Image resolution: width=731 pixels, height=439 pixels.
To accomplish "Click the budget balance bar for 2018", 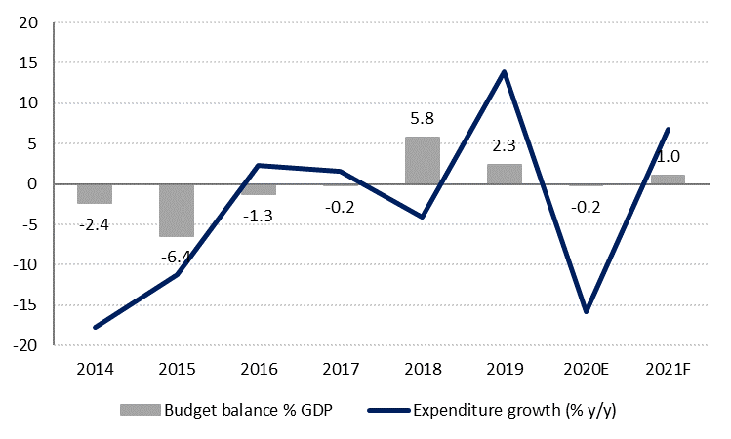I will click(x=422, y=160).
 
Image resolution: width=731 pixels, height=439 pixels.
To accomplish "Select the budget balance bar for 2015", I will click(x=177, y=210).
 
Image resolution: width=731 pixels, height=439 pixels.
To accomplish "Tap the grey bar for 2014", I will click(x=95, y=193).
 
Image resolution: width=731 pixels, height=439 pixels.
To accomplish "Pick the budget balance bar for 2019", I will click(x=504, y=174).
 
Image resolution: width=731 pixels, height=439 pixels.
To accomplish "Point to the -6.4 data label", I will click(x=177, y=258).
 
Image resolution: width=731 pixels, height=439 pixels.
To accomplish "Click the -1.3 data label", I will click(x=258, y=214).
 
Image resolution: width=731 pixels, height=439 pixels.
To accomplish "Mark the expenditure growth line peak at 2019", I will click(x=504, y=71).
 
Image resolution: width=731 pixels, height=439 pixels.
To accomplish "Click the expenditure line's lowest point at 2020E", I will click(x=586, y=312).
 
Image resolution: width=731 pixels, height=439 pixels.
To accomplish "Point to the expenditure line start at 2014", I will click(x=95, y=328).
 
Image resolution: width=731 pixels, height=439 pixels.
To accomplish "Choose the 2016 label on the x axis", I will click(x=258, y=369).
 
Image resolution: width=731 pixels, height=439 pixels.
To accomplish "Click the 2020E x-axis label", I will click(x=586, y=369).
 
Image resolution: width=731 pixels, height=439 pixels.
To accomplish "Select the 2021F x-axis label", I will click(x=668, y=369).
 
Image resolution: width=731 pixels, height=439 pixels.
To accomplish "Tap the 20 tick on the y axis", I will click(x=29, y=22).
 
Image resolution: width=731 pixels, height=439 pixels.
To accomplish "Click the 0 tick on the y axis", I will click(x=33, y=184).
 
